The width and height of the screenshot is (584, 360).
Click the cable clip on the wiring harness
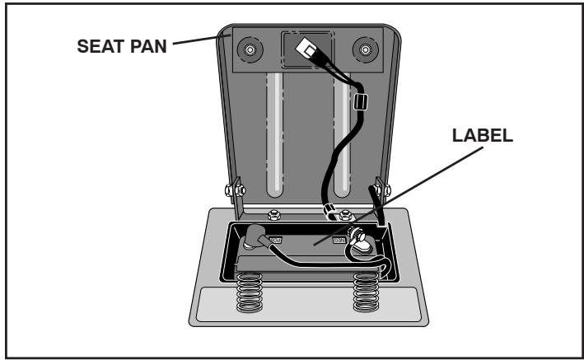358,105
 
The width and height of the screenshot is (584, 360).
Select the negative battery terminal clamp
360,238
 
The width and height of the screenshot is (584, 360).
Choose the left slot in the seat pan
273,140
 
